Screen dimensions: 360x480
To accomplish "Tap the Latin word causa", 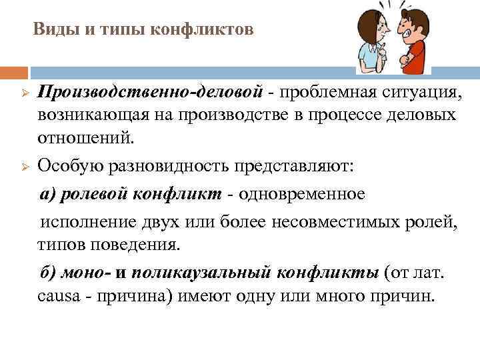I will pos(59,296).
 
